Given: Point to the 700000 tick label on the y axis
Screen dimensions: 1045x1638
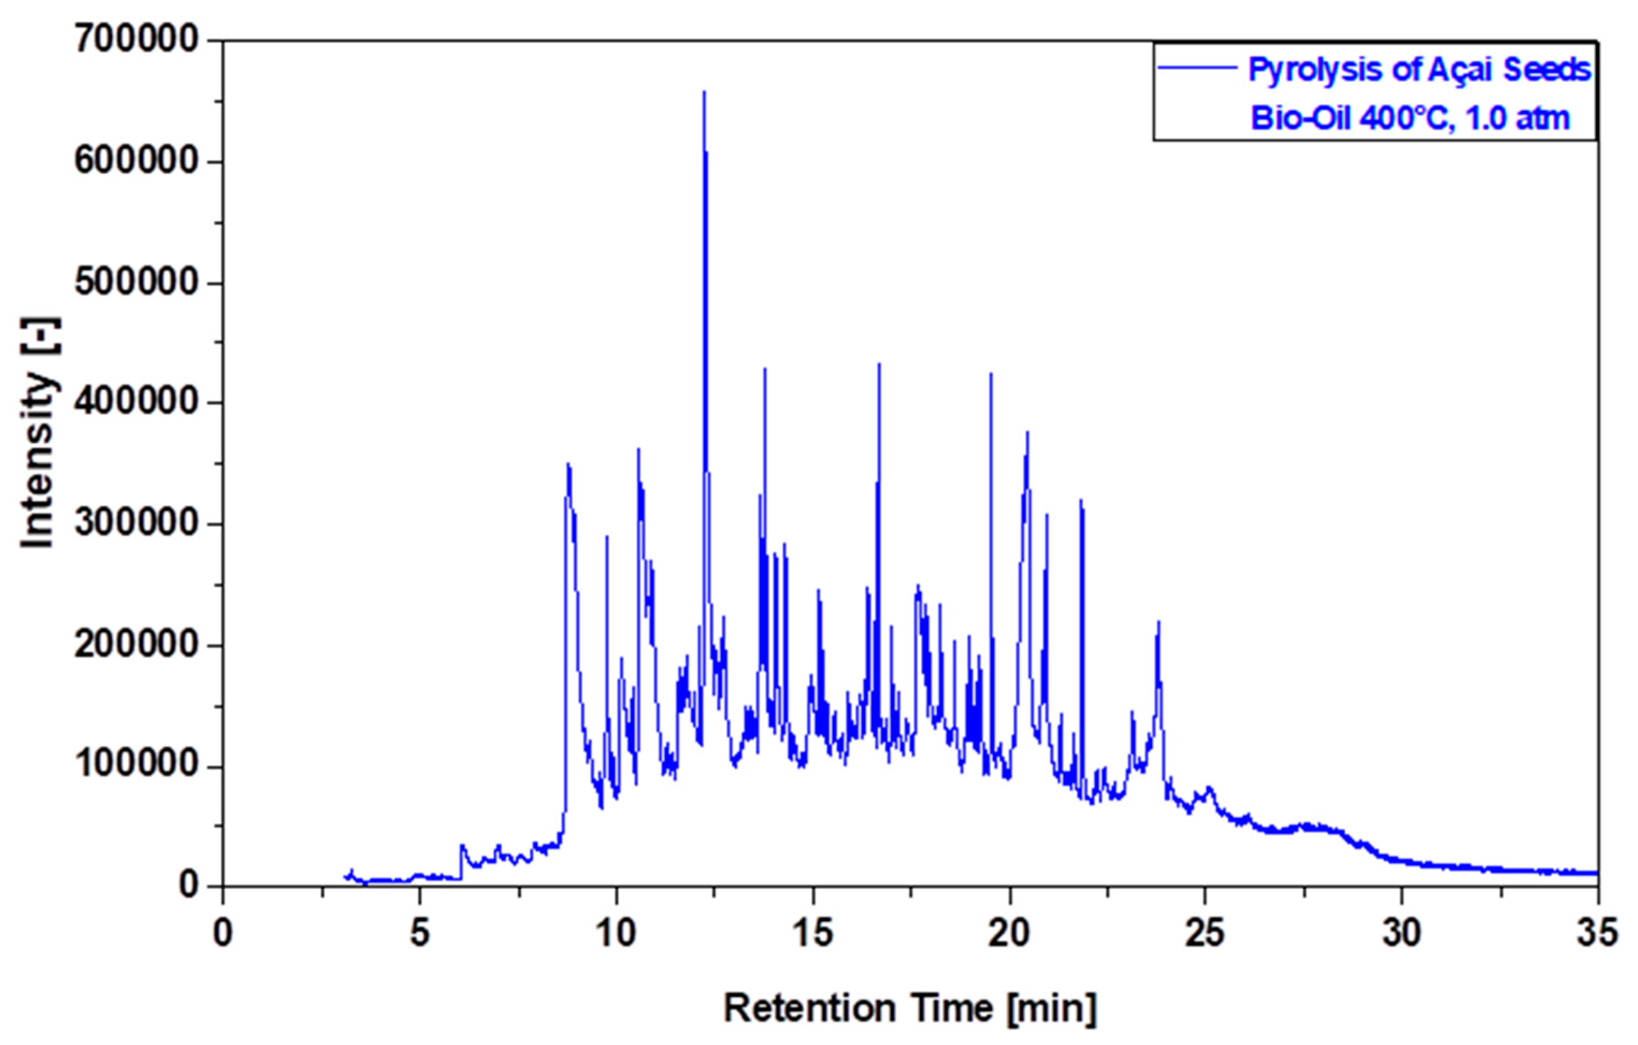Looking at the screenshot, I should tap(135, 41).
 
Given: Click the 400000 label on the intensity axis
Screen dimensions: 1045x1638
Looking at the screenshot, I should tap(135, 403).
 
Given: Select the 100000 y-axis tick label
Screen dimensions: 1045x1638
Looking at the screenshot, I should tap(135, 766).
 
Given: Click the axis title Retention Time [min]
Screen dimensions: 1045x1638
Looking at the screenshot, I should tap(910, 1007).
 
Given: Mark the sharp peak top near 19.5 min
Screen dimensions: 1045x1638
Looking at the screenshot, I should tap(991, 374).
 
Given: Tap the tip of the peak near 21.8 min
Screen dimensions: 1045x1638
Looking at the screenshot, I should tap(1080, 501).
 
